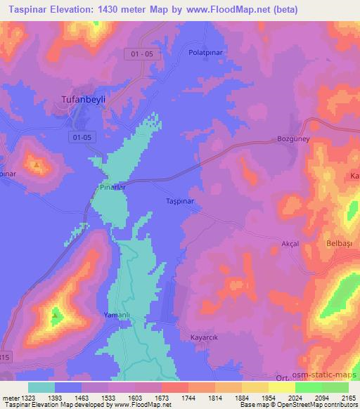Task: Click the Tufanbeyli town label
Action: click(81, 100)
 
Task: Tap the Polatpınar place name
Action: click(205, 52)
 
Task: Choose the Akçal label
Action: click(290, 243)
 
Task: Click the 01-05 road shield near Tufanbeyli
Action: click(82, 138)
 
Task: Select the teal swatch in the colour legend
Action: click(41, 387)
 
